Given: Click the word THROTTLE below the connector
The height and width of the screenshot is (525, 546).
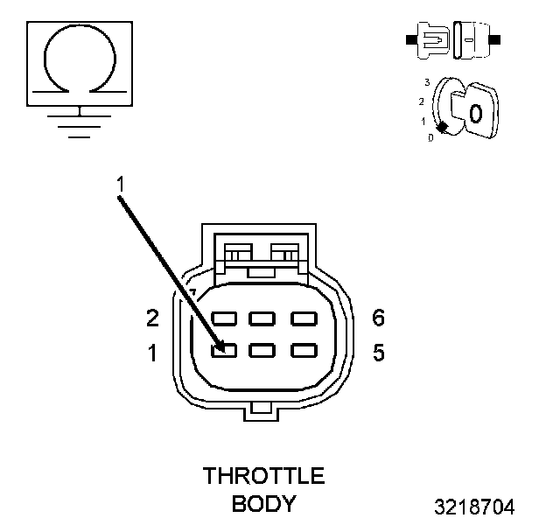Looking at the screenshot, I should click(263, 477).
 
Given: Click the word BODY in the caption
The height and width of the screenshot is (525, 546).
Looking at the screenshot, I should click(263, 504).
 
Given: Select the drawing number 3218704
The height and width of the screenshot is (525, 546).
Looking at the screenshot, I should click(474, 507).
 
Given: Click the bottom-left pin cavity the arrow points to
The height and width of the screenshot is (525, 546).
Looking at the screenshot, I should click(223, 350).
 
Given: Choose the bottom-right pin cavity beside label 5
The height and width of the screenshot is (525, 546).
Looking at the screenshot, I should click(304, 350).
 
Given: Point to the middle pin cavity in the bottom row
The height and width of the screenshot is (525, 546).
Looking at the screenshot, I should click(262, 350).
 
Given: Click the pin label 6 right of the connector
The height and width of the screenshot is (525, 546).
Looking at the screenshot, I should click(379, 318).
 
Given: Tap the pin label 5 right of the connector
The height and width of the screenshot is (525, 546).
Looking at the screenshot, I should click(379, 353).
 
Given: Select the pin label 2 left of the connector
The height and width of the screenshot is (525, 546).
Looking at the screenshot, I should click(152, 318).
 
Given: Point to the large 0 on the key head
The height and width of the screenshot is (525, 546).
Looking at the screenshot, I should click(475, 113).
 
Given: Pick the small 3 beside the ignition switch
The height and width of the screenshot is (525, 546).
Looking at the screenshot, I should click(426, 81).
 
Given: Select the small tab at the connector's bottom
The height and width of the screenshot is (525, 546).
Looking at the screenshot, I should click(262, 409).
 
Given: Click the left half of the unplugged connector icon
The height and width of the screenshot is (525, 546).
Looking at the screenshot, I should click(430, 40).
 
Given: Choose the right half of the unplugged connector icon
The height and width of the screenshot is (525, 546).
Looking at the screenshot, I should click(472, 40).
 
